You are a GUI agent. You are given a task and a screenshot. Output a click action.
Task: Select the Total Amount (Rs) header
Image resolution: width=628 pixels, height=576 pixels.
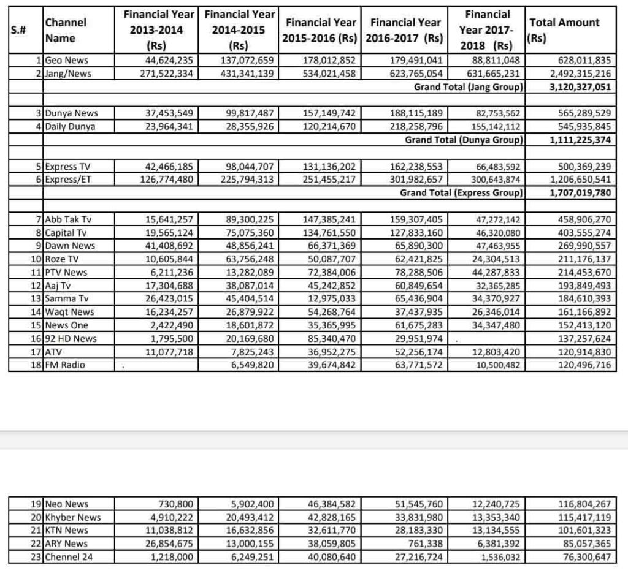pos(564,30)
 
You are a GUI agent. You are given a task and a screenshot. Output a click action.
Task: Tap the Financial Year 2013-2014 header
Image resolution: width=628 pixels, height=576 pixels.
pos(159,29)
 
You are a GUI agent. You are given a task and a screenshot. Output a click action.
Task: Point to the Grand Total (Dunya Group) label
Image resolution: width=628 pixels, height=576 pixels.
pos(464,140)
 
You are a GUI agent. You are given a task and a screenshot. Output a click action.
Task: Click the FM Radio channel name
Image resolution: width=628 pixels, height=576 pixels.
pos(65,365)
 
